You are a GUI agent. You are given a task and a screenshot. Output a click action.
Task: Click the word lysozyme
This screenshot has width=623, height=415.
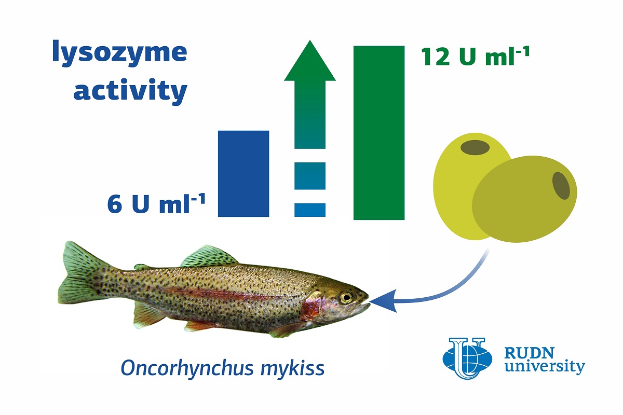[119, 53]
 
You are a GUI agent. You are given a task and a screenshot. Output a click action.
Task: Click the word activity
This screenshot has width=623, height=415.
[130, 90]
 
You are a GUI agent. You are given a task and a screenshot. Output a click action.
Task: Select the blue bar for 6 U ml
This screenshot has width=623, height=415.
[243, 173]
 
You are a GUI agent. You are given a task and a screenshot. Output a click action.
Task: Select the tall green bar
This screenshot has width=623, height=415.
[379, 133]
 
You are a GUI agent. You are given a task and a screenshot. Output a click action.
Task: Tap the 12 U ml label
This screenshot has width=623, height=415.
[475, 57]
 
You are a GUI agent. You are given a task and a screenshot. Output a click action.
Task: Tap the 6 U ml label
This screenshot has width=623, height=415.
[156, 203]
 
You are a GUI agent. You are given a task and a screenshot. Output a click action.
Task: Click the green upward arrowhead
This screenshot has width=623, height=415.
[310, 61]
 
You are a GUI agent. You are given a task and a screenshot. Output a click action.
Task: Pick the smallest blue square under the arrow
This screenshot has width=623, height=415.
[310, 210]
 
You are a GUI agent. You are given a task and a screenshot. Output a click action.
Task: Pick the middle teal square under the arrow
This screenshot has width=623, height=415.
[310, 176]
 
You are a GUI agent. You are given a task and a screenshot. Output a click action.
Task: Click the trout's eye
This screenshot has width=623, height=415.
[346, 298]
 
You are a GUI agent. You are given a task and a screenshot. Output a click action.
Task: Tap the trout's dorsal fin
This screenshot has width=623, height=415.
[209, 256]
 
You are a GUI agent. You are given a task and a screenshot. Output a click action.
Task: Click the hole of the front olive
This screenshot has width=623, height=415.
[561, 186]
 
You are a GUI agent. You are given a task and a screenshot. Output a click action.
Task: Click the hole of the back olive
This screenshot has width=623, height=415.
[475, 147]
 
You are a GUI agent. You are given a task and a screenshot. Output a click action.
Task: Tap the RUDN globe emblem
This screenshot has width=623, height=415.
[467, 358]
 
